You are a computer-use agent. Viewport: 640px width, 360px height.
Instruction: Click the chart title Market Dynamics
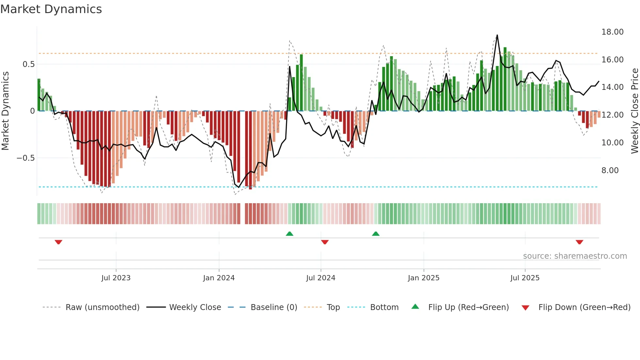[x=51, y=9]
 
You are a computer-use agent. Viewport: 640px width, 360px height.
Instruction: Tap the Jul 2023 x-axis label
[x=116, y=278]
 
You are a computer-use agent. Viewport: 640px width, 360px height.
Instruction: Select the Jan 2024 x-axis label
[x=219, y=278]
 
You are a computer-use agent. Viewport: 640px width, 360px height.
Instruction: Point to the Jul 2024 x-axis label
[x=321, y=278]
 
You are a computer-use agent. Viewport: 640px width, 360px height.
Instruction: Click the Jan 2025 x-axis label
[x=424, y=278]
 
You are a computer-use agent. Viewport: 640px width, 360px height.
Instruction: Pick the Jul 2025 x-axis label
[x=525, y=278]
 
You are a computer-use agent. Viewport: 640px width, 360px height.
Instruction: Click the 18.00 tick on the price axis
[x=612, y=32]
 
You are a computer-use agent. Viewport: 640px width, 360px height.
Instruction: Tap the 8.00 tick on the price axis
[x=610, y=171]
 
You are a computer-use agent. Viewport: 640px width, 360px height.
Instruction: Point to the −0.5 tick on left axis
[x=25, y=158]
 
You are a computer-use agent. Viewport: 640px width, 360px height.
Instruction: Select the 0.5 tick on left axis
[x=28, y=64]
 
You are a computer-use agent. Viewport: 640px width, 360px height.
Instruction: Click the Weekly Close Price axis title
[x=634, y=111]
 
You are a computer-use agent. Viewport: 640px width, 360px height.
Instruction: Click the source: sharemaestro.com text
[x=575, y=256]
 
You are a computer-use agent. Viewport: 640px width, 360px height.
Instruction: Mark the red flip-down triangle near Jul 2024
[x=325, y=242]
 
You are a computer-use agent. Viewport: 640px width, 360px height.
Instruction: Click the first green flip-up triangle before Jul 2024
[x=289, y=234]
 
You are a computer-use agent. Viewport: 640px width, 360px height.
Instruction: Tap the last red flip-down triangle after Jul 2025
[x=579, y=242]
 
